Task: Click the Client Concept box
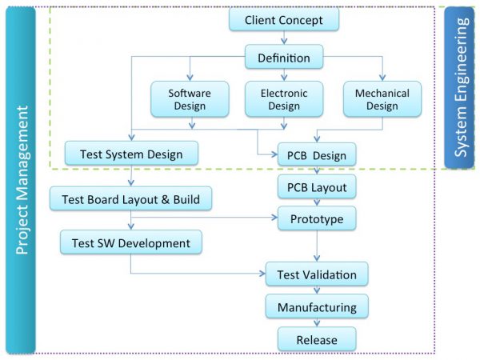pos(284,19)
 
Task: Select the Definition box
pos(283,58)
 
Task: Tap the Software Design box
pos(190,99)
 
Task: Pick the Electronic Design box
pos(284,99)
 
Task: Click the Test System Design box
pos(131,154)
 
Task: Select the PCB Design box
pos(317,155)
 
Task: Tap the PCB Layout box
pos(317,188)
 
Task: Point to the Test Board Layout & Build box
pos(130,198)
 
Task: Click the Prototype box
pos(317,218)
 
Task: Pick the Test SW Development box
pos(131,242)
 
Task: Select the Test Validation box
pos(317,274)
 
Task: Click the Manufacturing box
pos(317,307)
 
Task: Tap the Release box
pos(317,339)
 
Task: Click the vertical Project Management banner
pos(21,180)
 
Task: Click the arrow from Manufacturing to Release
pos(317,322)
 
